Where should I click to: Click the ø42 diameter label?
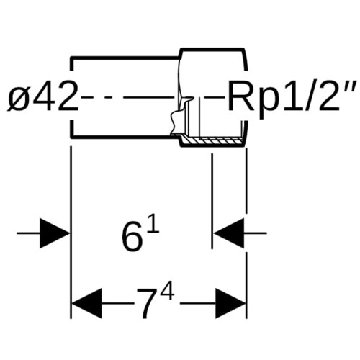(42, 96)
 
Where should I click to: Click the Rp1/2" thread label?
(292, 96)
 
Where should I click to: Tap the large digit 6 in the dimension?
(131, 239)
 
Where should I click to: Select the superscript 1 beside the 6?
(153, 224)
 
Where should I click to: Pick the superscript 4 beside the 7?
(167, 291)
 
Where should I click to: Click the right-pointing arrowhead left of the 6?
(54, 233)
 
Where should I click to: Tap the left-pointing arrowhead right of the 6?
(229, 233)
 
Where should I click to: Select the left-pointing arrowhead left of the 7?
(87, 303)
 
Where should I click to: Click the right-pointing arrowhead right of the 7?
(230, 303)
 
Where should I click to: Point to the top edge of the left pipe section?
(125, 58)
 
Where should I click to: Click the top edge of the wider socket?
(212, 50)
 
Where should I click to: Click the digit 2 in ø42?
(67, 96)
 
